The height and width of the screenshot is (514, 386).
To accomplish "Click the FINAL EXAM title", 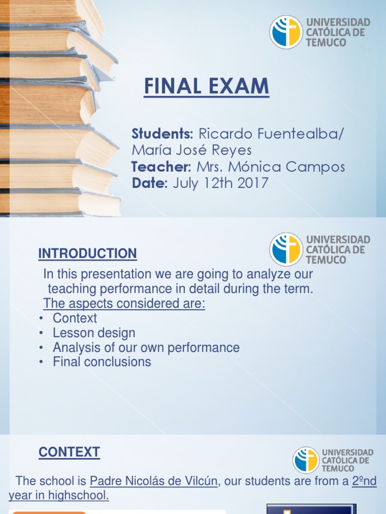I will click(x=207, y=87).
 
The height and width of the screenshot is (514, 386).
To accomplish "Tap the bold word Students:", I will click(x=162, y=134).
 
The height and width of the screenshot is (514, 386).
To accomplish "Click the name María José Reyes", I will click(x=191, y=151).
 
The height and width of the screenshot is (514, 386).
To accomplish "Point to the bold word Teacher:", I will click(x=161, y=167).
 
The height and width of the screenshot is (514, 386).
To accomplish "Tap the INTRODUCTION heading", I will click(x=87, y=254).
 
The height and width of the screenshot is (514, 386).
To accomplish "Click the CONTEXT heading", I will click(x=69, y=452).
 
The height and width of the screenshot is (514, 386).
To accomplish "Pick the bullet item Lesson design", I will click(x=94, y=333).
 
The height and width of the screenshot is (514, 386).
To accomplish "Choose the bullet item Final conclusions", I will click(x=102, y=362).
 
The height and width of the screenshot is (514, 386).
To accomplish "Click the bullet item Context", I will click(x=75, y=318).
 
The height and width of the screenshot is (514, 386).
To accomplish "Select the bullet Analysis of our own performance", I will click(x=146, y=347).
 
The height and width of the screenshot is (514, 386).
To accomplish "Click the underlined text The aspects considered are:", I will click(x=124, y=304).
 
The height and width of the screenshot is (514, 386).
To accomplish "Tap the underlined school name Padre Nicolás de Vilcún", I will click(x=154, y=481).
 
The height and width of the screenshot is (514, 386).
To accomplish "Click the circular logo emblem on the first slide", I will click(x=286, y=32).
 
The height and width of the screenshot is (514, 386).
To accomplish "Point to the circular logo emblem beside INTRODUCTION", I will click(x=286, y=249).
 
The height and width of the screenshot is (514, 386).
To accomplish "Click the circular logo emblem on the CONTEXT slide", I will click(x=306, y=460).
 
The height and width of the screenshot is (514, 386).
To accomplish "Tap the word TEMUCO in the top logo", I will click(x=327, y=43).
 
